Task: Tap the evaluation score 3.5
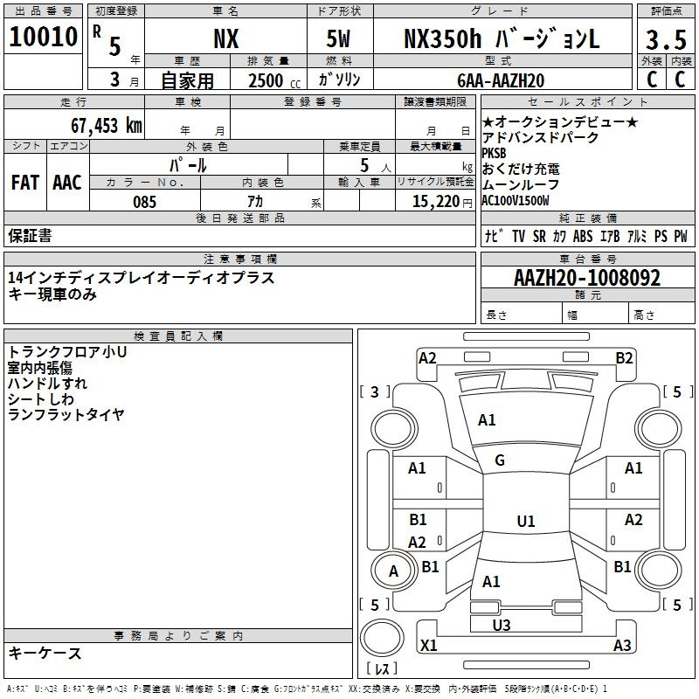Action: tap(665, 40)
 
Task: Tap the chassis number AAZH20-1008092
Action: tap(587, 279)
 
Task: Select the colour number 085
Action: tap(144, 202)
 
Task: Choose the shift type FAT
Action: tap(24, 183)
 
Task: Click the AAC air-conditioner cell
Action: tap(67, 183)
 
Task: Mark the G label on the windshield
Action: tap(500, 460)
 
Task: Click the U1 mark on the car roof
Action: tap(525, 522)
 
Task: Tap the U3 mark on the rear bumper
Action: tap(502, 625)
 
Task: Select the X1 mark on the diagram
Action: tap(428, 646)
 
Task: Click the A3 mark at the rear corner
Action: tap(622, 646)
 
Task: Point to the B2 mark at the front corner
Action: tap(624, 357)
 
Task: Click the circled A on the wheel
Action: tap(393, 571)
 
